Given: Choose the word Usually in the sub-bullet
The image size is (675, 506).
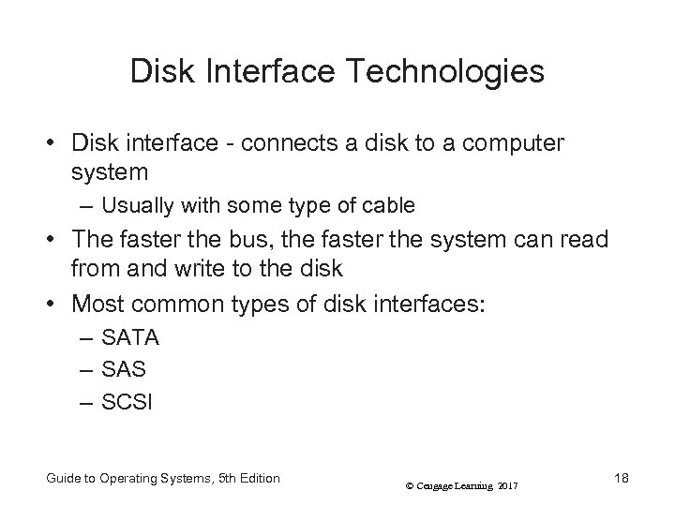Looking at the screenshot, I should [x=134, y=204].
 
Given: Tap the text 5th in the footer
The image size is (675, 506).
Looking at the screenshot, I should [x=227, y=478].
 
